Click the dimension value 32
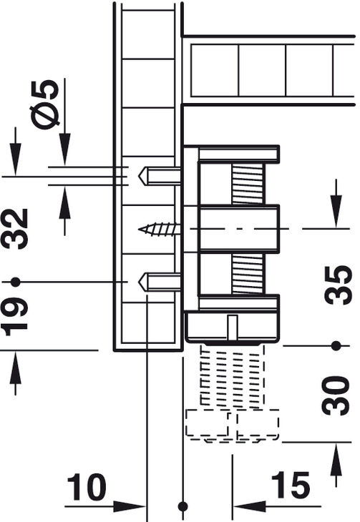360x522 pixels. [x=15, y=229]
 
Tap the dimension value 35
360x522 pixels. [x=339, y=285]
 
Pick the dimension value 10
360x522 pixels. [x=87, y=487]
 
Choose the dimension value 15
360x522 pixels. [x=291, y=486]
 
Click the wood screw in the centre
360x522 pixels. [x=160, y=230]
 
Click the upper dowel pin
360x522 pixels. [x=160, y=176]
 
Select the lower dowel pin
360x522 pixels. [x=160, y=282]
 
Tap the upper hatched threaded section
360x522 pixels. [x=248, y=184]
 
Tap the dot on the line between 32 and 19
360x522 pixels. [x=15, y=282]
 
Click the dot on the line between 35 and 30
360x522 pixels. [x=336, y=346]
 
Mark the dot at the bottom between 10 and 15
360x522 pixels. [x=183, y=507]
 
